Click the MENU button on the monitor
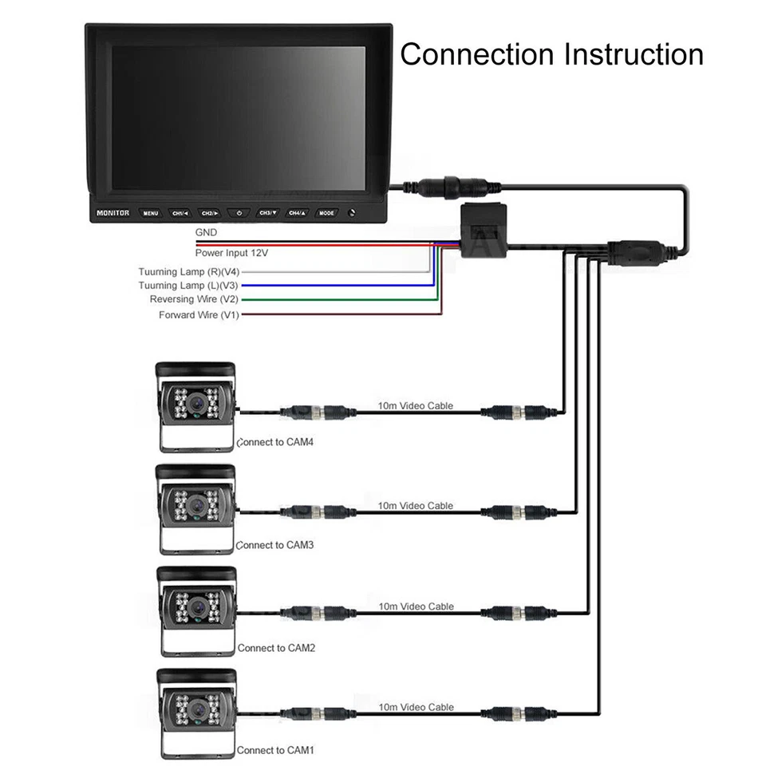pos(150,213)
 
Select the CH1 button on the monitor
pos(180,213)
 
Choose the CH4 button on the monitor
pos(297,213)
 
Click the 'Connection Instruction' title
pos(551,54)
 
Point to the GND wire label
pos(206,232)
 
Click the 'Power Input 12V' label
pos(231,252)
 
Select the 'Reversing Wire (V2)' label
pos(194,299)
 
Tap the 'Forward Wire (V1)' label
pos(199,315)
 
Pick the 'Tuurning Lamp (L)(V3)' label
pos(188,285)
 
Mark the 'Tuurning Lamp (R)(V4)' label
pos(188,271)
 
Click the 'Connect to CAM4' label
pos(275,441)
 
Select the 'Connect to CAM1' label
pos(276,750)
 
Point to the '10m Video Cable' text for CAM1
pos(416,707)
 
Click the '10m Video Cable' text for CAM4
pos(416,406)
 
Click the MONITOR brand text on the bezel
pos(113,213)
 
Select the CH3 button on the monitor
pos(267,213)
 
